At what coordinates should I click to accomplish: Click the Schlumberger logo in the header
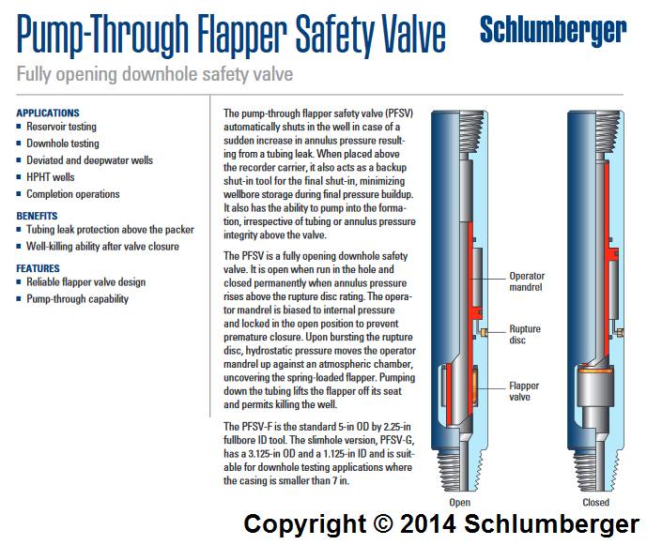(552, 31)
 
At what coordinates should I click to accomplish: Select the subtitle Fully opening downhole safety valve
(155, 74)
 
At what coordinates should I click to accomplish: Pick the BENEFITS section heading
(37, 216)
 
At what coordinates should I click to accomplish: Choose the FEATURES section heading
(38, 268)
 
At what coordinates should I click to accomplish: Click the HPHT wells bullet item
(51, 177)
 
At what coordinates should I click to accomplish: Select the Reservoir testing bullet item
(61, 127)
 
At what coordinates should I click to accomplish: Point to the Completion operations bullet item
(73, 194)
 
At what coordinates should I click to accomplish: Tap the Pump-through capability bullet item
(78, 299)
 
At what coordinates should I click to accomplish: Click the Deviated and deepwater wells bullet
(89, 160)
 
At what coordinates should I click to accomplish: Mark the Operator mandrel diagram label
(526, 282)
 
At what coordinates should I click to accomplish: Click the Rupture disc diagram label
(525, 335)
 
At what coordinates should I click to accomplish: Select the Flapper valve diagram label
(524, 391)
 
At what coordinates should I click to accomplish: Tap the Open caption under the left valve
(459, 502)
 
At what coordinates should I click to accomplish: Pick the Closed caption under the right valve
(595, 502)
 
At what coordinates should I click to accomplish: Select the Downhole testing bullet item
(62, 144)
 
